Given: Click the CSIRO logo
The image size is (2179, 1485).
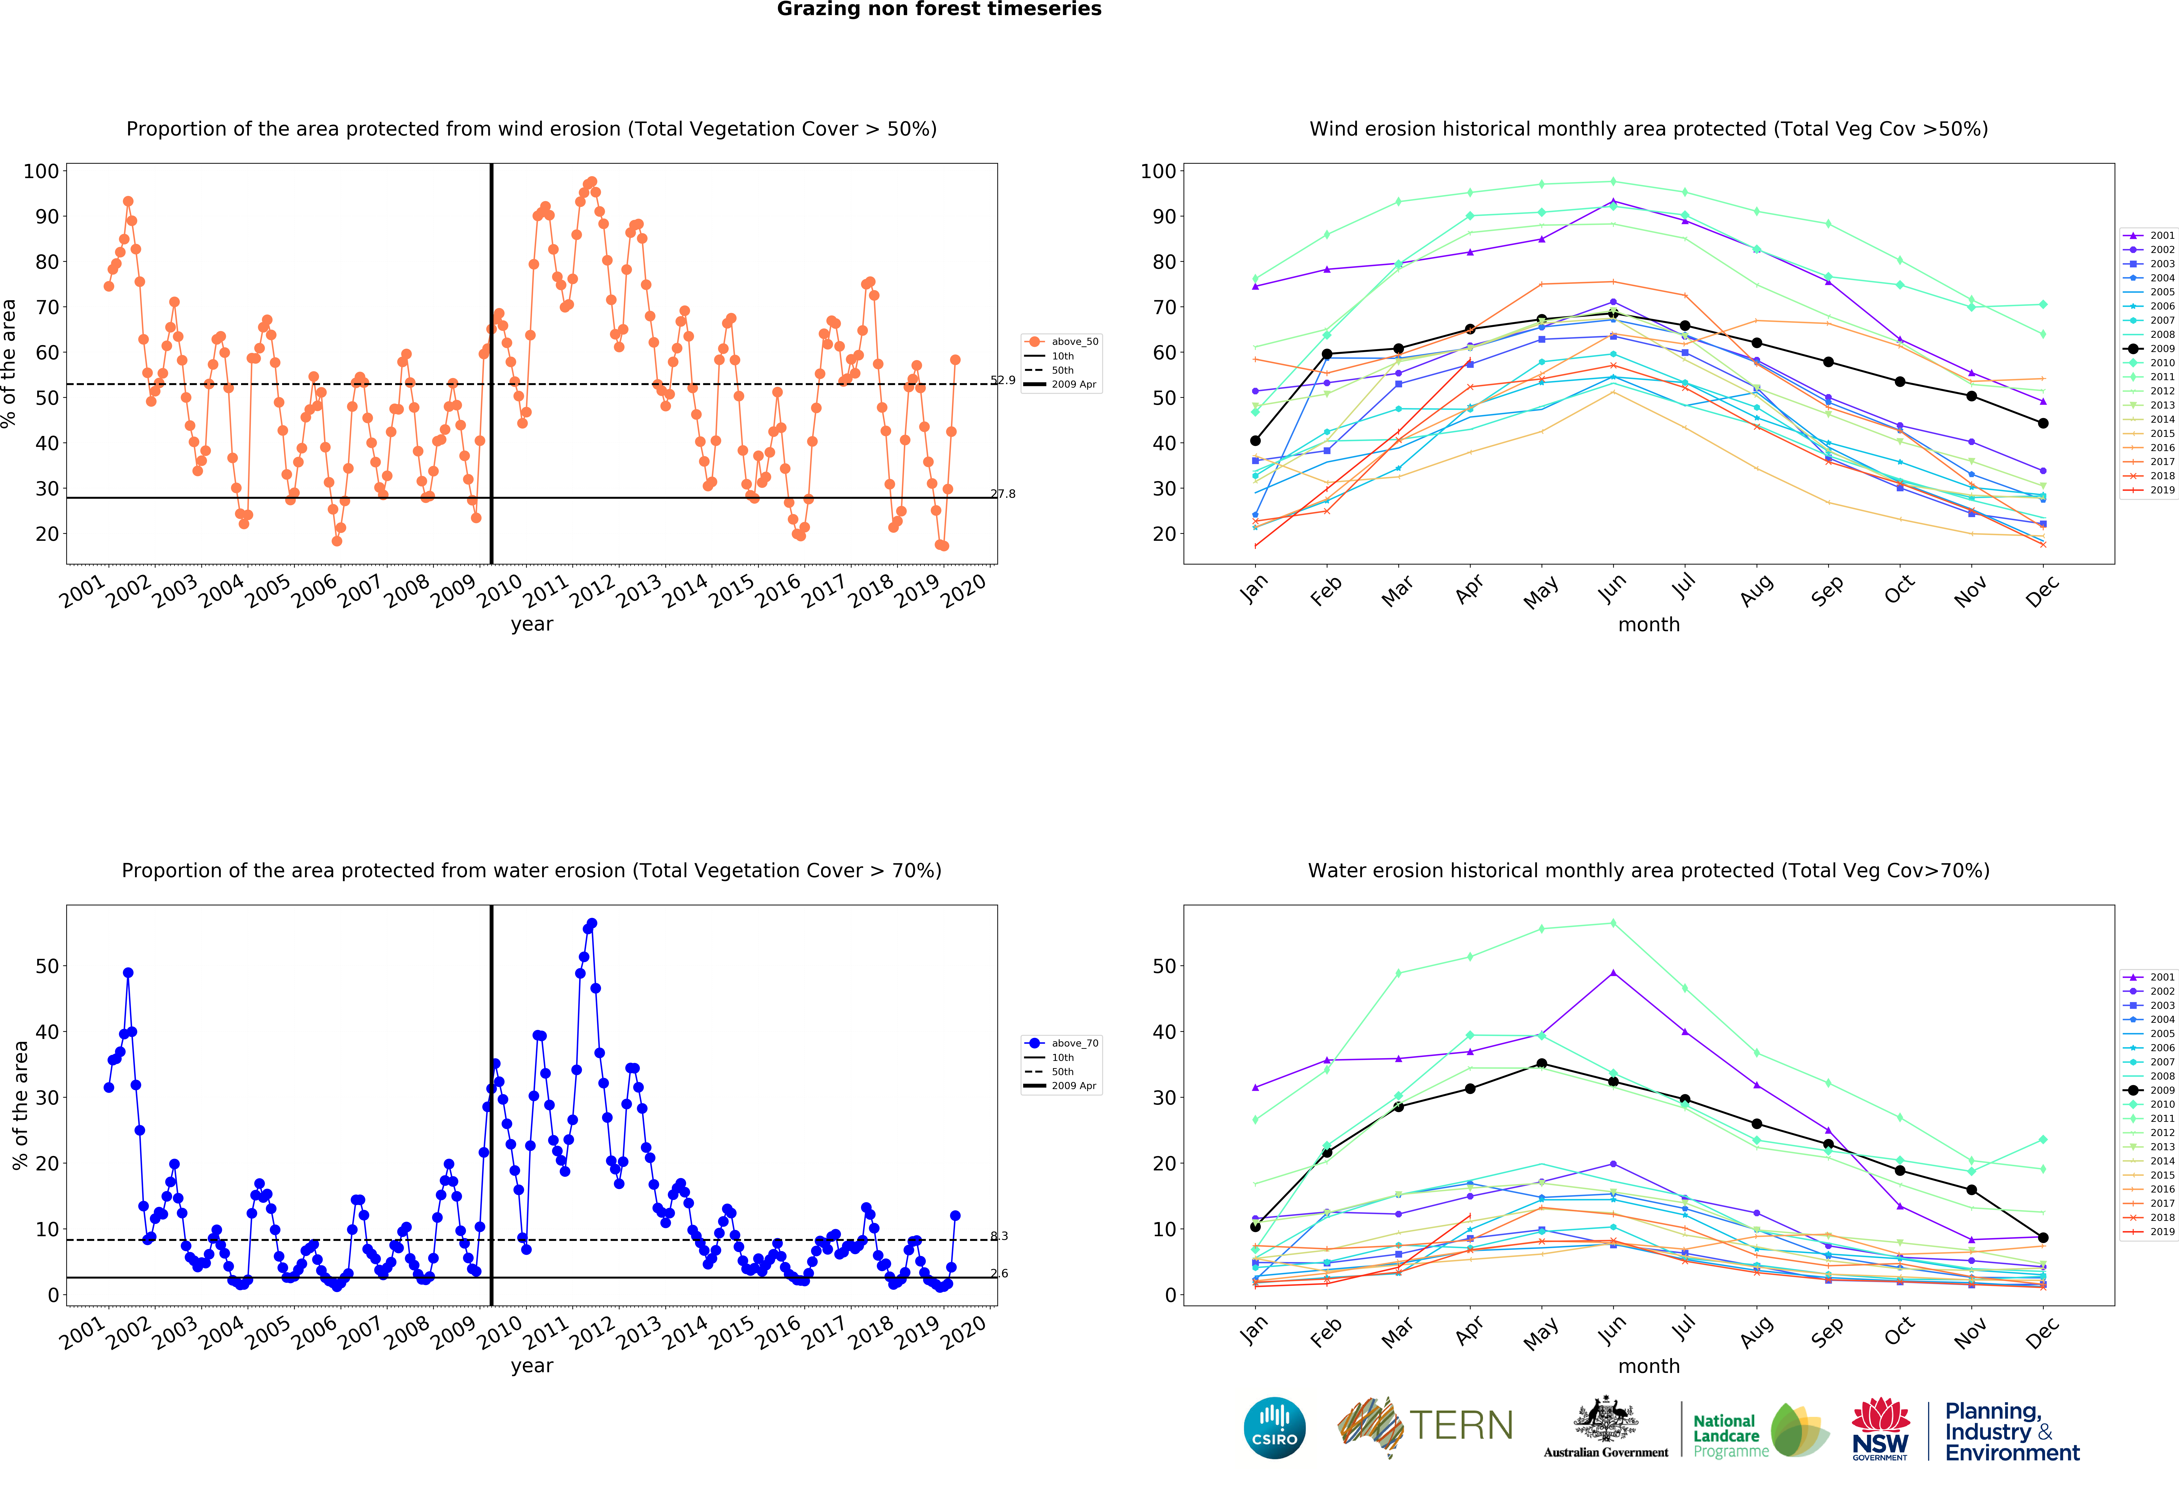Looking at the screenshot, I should click(1274, 1428).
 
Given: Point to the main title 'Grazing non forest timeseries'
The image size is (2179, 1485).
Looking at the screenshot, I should click(939, 9).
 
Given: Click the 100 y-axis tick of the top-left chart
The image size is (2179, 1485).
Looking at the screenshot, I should click(41, 171).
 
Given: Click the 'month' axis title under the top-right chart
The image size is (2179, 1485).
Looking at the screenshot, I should click(1648, 624).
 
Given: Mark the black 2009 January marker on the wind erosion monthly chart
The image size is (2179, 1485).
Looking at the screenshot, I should click(1255, 441).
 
